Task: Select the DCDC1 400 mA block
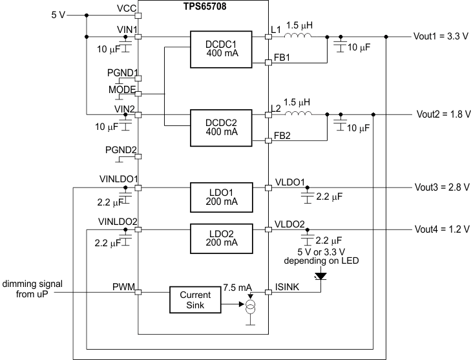click(x=216, y=48)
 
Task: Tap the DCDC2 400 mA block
click(x=216, y=127)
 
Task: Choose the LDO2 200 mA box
click(x=216, y=237)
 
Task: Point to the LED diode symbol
click(x=320, y=276)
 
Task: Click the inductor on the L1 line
click(x=299, y=37)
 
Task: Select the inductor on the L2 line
click(x=299, y=114)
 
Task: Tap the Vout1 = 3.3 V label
click(x=441, y=37)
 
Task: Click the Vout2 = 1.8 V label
click(x=441, y=114)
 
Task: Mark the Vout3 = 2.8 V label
click(x=441, y=188)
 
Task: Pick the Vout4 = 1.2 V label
click(x=441, y=229)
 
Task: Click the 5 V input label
click(x=58, y=14)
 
